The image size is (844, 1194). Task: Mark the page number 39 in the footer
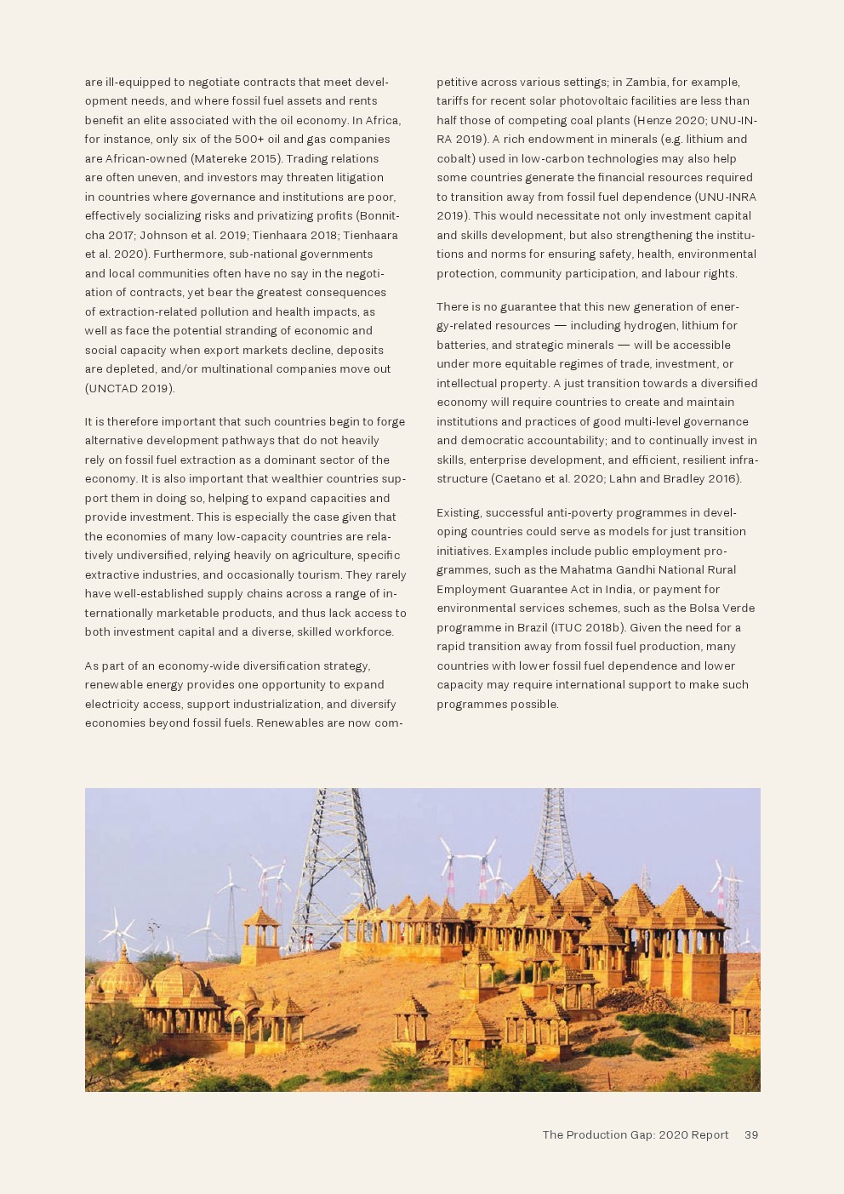(x=751, y=1134)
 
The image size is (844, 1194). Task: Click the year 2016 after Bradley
(x=722, y=479)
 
